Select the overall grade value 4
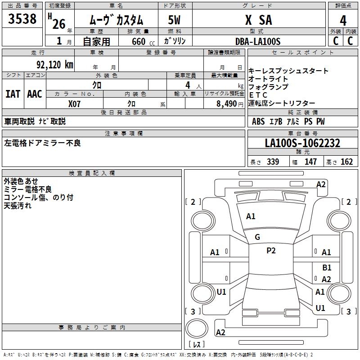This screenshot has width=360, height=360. (343, 20)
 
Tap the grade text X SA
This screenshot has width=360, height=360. (258, 20)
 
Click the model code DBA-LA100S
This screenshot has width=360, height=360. (258, 41)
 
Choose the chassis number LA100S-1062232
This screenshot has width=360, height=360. (302, 143)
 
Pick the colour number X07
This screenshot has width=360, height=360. (75, 103)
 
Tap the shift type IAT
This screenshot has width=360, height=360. (13, 94)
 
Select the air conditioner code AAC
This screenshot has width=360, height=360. (35, 94)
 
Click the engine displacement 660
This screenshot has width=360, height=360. (138, 41)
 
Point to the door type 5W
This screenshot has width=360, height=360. (175, 20)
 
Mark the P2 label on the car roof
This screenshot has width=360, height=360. (271, 251)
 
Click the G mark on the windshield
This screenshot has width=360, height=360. (257, 237)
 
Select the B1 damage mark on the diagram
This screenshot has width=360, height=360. (327, 267)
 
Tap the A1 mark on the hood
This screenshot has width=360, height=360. (251, 216)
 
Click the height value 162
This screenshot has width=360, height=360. (346, 162)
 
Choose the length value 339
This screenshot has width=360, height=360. (272, 162)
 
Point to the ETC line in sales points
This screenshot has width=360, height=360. (258, 95)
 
